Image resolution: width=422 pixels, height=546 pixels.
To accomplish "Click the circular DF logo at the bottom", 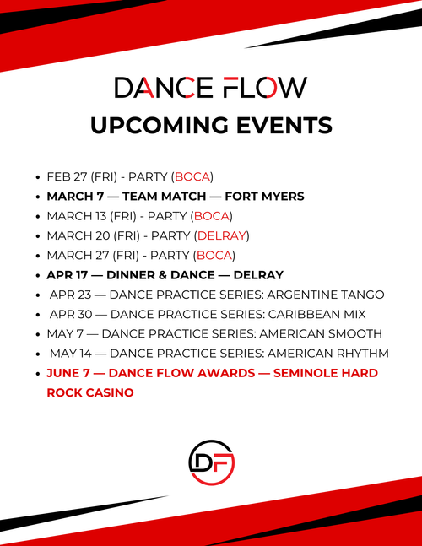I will pyautogui.click(x=211, y=461).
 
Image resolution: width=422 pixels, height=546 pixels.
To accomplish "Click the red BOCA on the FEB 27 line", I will pyautogui.click(x=192, y=177).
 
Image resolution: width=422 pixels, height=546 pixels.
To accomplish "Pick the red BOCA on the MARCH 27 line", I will pyautogui.click(x=213, y=255).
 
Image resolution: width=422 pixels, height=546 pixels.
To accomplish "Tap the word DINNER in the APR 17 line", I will pyautogui.click(x=122, y=275).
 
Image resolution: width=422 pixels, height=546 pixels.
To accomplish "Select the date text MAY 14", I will pyautogui.click(x=70, y=353).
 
